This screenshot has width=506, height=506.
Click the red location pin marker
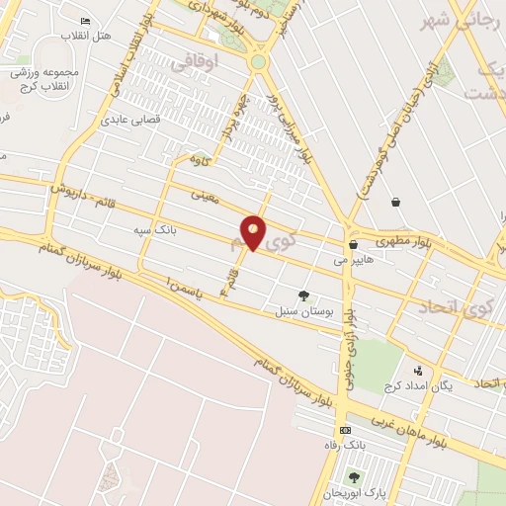[x=254, y=232]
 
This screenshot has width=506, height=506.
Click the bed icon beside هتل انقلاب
[x=85, y=21]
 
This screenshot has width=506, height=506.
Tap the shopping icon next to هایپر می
[x=352, y=245]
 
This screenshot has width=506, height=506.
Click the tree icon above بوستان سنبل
[x=303, y=295]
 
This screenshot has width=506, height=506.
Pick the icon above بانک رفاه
[x=344, y=430]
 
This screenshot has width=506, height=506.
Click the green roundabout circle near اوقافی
[x=258, y=61]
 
